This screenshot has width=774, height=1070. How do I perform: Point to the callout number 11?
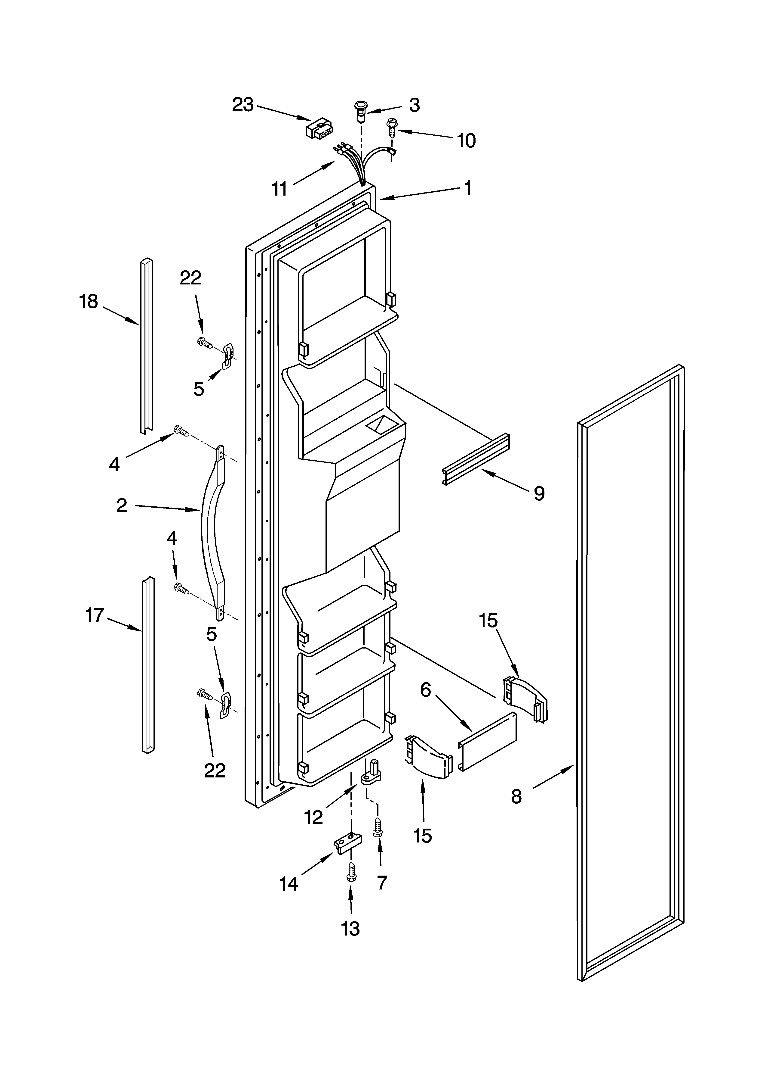point(279,189)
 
